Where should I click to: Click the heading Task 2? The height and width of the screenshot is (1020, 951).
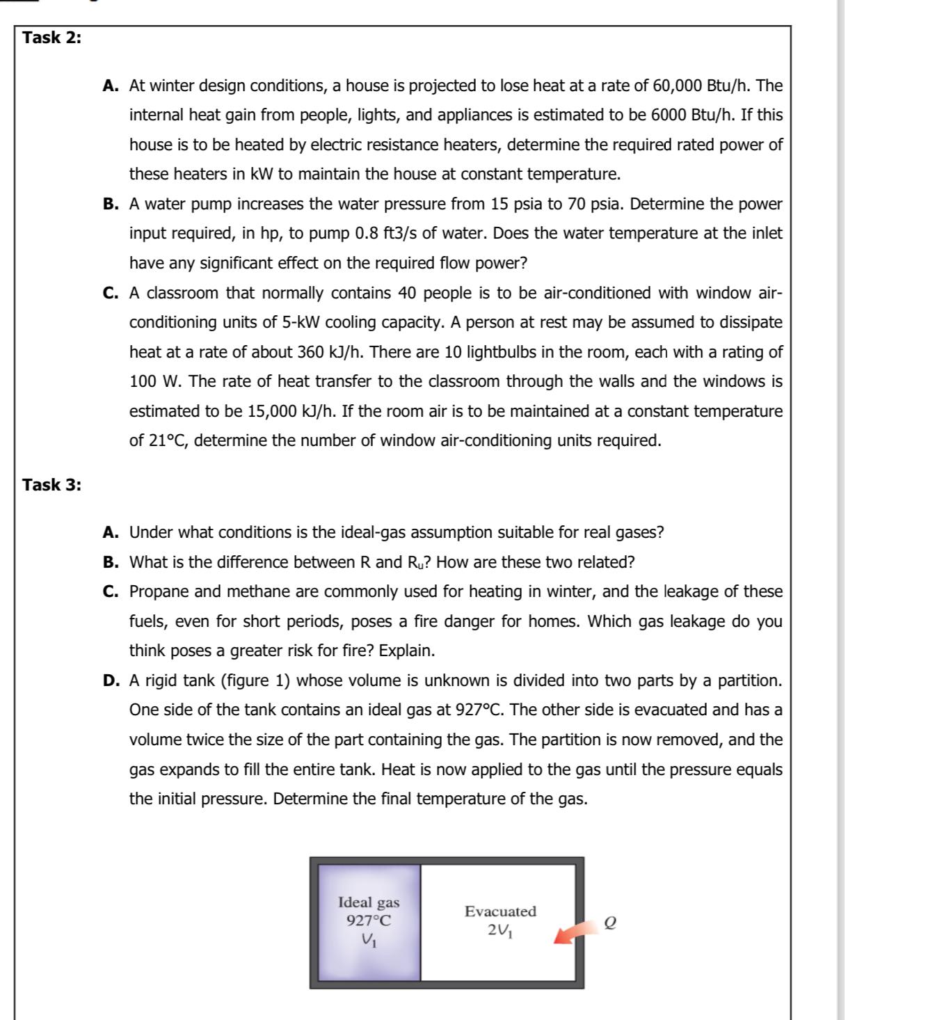tap(51, 38)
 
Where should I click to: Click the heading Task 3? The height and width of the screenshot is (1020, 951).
tap(51, 485)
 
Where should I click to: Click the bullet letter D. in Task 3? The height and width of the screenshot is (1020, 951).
tap(111, 680)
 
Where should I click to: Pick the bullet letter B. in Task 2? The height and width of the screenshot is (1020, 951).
tap(111, 204)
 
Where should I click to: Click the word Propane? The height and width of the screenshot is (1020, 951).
tap(159, 591)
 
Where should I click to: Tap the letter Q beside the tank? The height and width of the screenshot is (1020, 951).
tap(611, 923)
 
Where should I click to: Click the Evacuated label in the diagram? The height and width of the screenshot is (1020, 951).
tap(500, 911)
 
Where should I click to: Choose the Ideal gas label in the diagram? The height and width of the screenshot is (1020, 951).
tap(369, 902)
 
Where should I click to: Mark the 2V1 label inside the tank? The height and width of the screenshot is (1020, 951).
tap(500, 930)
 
